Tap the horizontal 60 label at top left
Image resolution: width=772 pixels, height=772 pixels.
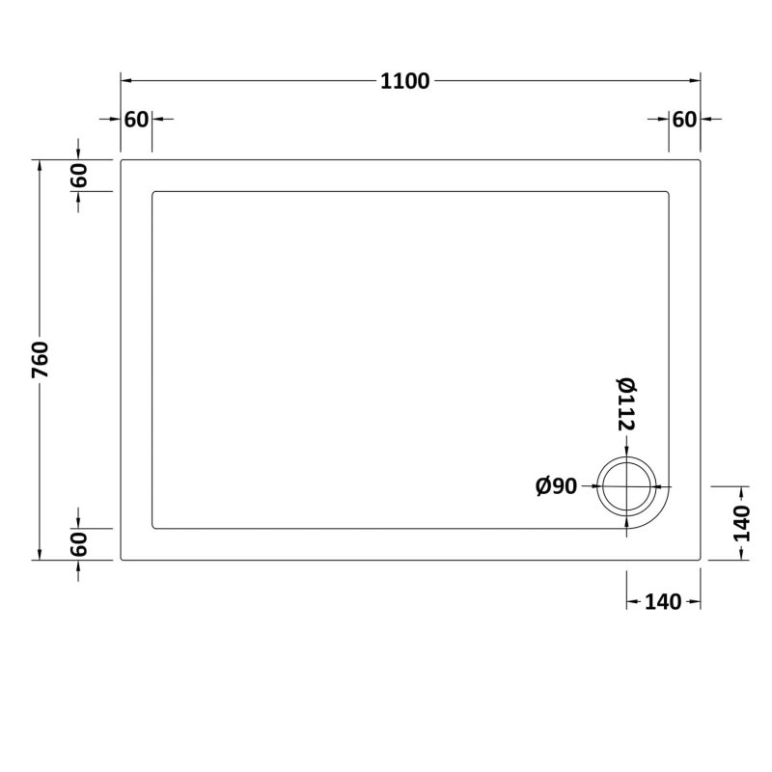click(x=136, y=120)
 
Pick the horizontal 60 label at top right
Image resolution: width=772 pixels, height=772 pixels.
click(x=684, y=120)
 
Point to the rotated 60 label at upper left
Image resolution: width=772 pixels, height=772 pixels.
click(x=79, y=176)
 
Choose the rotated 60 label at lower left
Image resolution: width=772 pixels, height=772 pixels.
click(x=79, y=544)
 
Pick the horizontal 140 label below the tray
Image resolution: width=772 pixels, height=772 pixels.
click(x=663, y=602)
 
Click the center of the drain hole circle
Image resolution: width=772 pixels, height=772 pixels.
click(x=628, y=486)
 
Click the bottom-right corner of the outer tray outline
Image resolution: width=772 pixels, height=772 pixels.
click(x=700, y=559)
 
